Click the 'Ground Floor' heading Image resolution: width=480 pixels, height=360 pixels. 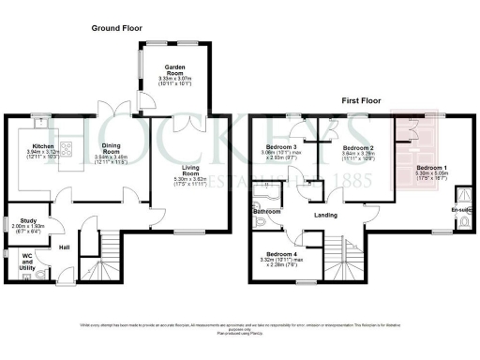tap(116, 29)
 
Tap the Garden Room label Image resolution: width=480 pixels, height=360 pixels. tap(174, 68)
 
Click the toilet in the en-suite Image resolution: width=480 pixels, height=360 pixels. tap(462, 197)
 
